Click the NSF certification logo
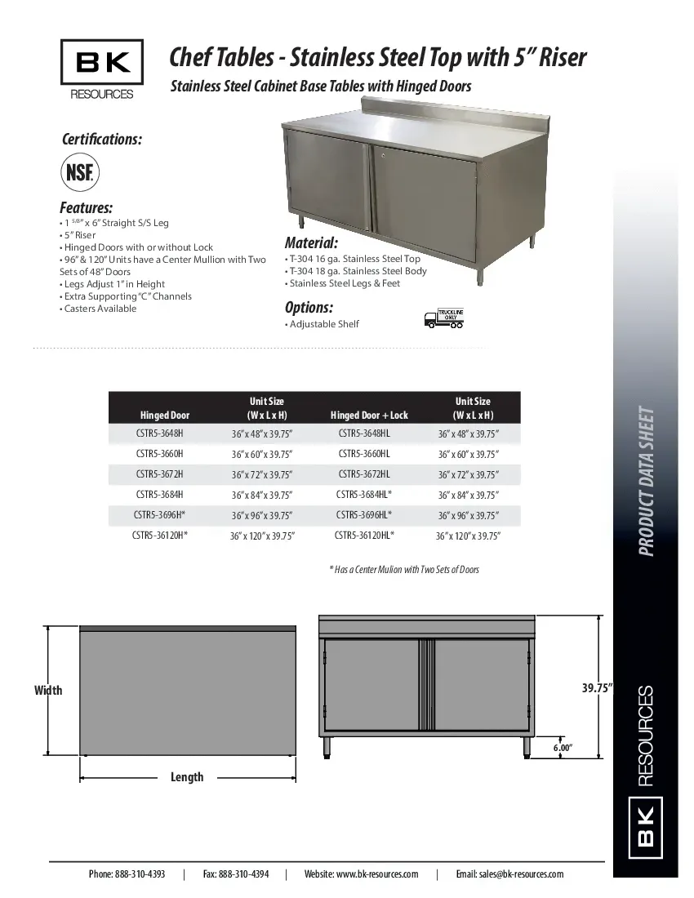coord(79,173)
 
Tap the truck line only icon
coord(444,318)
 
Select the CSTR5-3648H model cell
coord(160,433)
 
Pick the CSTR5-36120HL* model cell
coord(364,536)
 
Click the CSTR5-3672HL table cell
coord(364,473)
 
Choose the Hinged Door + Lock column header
coord(369,416)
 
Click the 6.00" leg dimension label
coord(563,747)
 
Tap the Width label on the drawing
coord(48,691)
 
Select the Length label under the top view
coord(187,777)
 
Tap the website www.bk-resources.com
coord(361,874)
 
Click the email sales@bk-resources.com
coord(509,874)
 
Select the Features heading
coord(86,207)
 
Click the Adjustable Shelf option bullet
coord(323,324)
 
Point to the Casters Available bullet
coord(99,309)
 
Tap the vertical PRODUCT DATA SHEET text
coord(646,481)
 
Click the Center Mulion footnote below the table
coord(404,569)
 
